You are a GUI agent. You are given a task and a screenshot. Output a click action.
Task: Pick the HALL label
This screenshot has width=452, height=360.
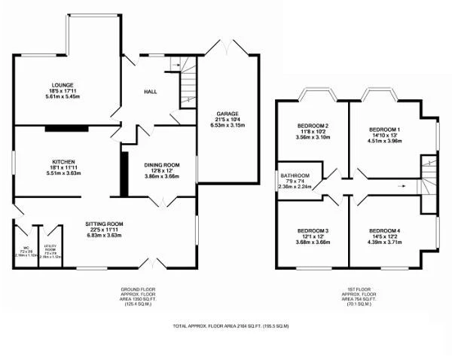151,92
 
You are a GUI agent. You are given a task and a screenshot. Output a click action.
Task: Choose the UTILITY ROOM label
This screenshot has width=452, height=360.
51,249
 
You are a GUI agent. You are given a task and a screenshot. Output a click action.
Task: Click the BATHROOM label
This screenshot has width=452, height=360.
294,175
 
